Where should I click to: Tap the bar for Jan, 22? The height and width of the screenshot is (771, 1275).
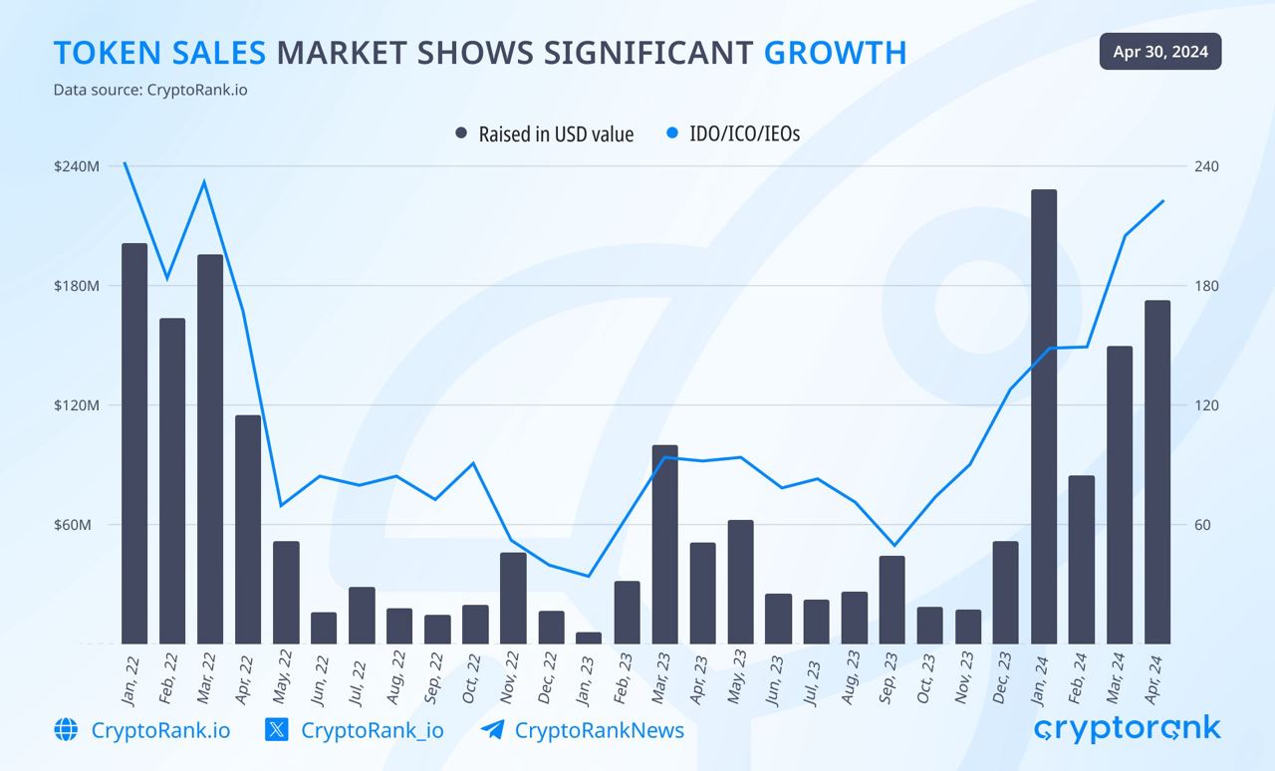[134, 443]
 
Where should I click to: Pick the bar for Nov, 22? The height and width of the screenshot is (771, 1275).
[513, 598]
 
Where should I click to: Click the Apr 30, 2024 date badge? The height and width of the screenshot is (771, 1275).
[1160, 52]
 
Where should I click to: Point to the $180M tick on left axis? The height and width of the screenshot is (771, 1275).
[77, 286]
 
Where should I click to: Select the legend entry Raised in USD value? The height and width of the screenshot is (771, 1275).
[545, 133]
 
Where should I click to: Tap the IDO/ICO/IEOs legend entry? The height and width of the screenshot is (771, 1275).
[733, 133]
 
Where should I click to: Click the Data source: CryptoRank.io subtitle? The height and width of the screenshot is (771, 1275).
[150, 90]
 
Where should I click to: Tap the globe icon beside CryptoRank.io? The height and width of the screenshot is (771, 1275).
[67, 730]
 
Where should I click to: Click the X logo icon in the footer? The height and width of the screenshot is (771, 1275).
[277, 730]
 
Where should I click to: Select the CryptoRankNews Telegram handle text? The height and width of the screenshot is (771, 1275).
[599, 730]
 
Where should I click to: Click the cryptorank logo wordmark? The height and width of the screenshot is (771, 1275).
[1128, 730]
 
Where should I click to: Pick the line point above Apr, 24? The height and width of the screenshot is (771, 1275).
[1162, 201]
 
